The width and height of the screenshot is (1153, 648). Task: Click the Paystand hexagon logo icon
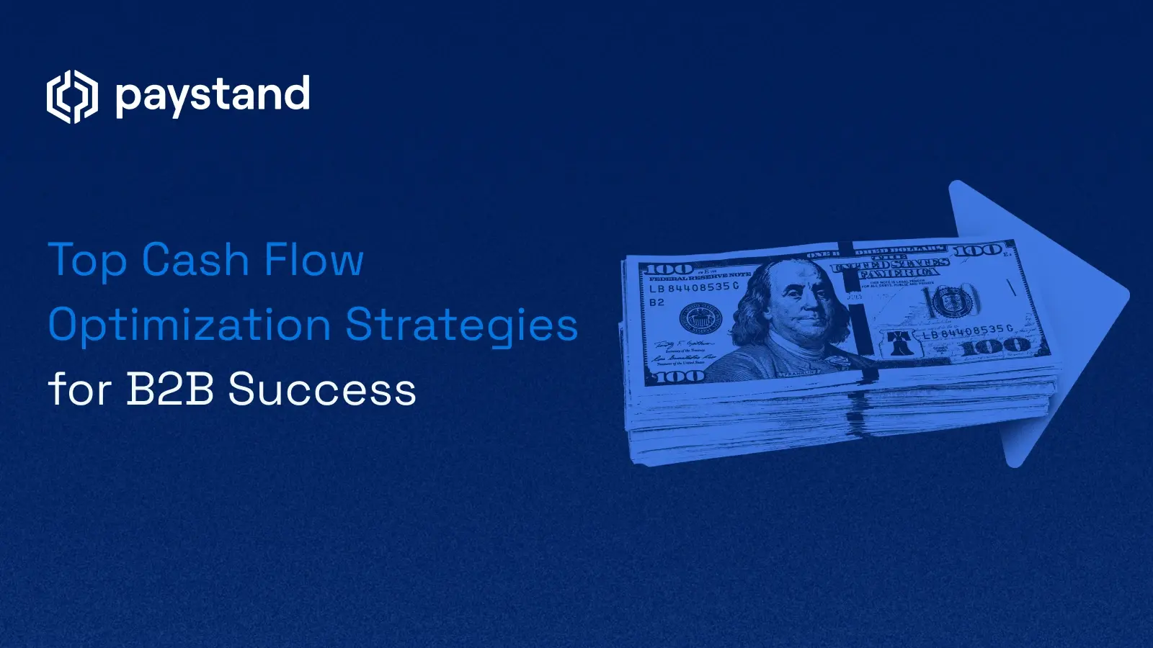(72, 96)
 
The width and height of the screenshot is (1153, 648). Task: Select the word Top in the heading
(86, 260)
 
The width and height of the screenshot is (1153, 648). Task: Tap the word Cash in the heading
(195, 260)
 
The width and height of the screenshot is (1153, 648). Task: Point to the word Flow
(313, 260)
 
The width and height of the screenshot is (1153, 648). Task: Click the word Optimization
(189, 325)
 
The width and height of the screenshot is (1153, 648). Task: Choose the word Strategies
(461, 325)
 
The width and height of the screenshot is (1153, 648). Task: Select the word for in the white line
(79, 390)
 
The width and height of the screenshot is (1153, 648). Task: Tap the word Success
(322, 390)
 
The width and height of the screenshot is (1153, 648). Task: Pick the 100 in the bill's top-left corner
(667, 269)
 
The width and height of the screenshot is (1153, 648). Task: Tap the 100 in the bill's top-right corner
(979, 251)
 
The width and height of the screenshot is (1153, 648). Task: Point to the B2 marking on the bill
(656, 302)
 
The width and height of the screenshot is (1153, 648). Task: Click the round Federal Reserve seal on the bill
(701, 318)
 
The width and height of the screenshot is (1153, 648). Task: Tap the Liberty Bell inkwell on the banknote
(899, 342)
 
